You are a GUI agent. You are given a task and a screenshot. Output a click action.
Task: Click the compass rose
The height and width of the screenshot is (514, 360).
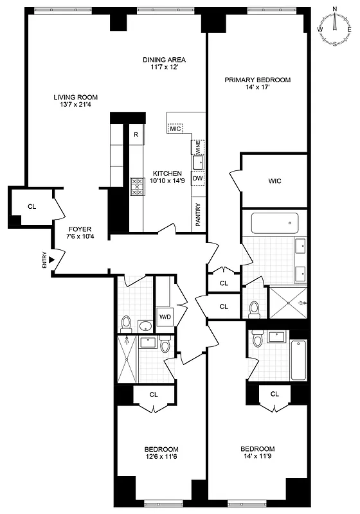click(335, 27)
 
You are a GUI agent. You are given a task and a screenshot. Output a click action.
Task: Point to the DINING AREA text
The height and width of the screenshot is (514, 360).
click(164, 60)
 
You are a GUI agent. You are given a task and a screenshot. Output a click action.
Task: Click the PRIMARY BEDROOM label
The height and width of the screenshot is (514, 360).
click(257, 80)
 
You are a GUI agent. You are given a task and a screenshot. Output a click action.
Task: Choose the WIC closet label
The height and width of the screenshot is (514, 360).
click(275, 181)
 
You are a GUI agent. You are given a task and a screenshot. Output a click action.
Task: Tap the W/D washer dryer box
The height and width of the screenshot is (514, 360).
click(165, 316)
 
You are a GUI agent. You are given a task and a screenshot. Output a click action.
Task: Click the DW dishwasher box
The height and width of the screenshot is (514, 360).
click(198, 178)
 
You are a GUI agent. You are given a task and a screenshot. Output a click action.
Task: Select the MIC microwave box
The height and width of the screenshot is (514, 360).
click(175, 128)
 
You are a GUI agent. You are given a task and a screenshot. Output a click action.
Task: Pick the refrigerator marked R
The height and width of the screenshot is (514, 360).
click(136, 135)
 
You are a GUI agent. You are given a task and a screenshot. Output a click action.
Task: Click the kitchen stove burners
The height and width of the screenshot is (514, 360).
click(137, 186)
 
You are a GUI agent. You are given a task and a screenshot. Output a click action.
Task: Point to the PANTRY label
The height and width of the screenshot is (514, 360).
click(198, 215)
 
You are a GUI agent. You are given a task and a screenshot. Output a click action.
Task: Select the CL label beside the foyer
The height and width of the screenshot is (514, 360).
click(32, 206)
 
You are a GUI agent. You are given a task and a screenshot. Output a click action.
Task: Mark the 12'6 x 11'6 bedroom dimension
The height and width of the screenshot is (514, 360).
click(161, 457)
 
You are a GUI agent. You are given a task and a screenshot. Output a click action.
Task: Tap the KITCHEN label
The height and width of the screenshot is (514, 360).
click(167, 173)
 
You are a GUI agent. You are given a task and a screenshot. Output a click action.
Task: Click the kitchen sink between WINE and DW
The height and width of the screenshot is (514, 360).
click(199, 162)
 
